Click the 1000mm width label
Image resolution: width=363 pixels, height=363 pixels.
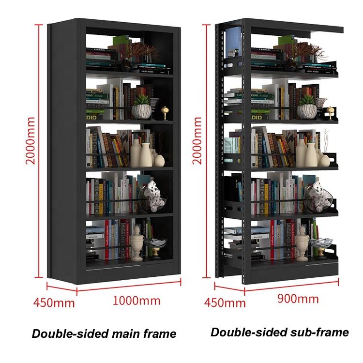tap(136, 301)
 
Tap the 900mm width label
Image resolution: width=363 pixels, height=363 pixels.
tap(298, 298)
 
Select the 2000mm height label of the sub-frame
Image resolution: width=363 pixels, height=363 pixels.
tap(197, 140)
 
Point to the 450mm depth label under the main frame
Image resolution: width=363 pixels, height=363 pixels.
tap(54, 303)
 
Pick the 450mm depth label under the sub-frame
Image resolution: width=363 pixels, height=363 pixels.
tap(225, 303)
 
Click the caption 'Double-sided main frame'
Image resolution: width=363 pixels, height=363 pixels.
tap(104, 333)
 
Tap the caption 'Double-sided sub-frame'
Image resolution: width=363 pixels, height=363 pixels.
tap(279, 332)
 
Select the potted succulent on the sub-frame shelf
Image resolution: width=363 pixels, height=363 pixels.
tap(307, 107)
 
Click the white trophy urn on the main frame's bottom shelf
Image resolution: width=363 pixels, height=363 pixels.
tap(137, 242)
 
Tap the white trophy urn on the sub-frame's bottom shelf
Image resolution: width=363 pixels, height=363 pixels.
tap(302, 242)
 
